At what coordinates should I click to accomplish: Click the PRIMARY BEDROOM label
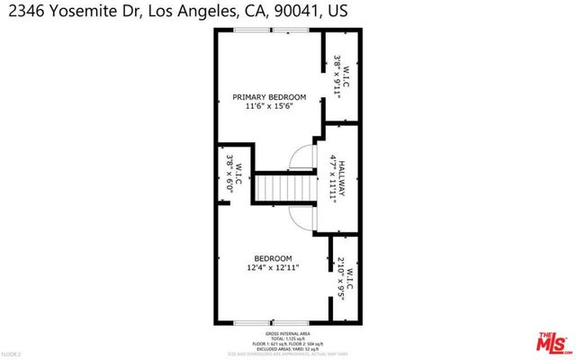click(269, 97)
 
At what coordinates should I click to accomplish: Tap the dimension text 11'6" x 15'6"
click(269, 107)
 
